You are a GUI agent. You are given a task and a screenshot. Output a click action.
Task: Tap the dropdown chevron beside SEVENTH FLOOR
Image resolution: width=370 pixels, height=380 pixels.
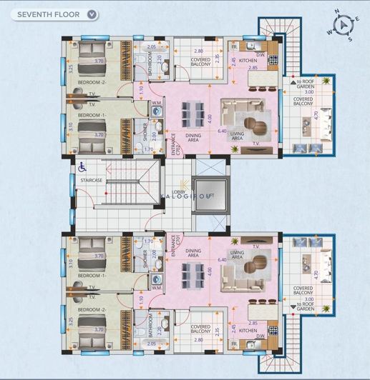[x=91, y=14]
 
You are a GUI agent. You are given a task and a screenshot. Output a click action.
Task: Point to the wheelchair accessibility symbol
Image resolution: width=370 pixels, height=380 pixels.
[x=82, y=166]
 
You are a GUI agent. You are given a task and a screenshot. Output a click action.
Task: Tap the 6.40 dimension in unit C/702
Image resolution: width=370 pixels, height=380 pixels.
[x=222, y=131]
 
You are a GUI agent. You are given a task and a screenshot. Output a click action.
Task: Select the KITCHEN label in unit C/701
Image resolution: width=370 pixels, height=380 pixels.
[x=248, y=330]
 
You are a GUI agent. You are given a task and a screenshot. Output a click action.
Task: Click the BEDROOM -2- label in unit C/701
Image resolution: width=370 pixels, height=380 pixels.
[x=91, y=309]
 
